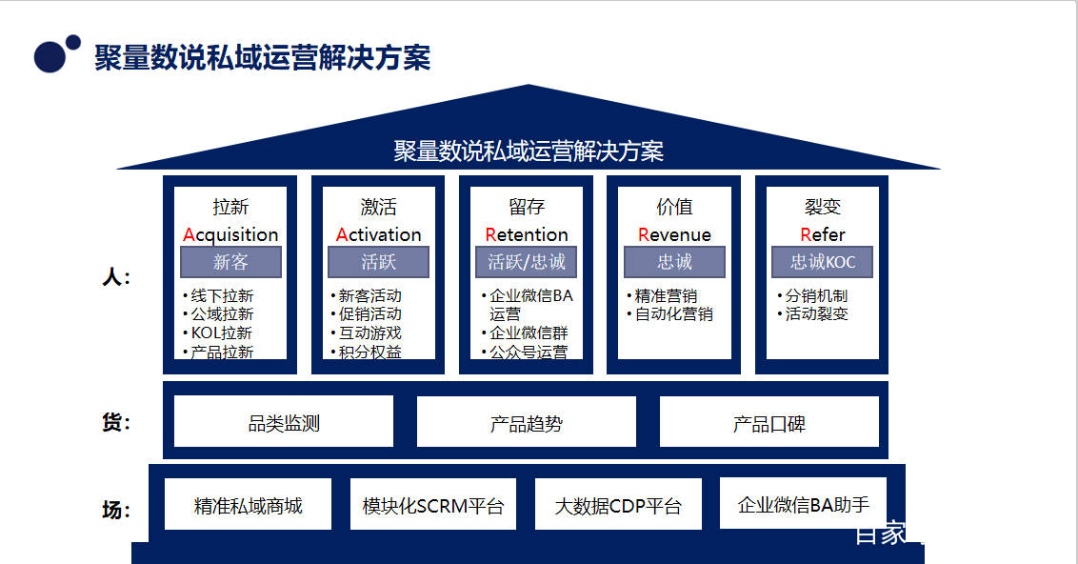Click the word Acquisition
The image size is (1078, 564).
coord(230,234)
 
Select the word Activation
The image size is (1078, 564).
coord(378,234)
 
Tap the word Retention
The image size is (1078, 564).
coord(526,234)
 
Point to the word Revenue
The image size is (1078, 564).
coord(674,234)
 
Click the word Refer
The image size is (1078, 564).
coord(823,234)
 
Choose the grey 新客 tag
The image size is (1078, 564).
coord(230,262)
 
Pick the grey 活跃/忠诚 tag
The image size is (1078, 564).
coord(526,262)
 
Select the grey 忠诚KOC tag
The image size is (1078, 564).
coord(823,262)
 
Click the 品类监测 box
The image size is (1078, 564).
coord(284,422)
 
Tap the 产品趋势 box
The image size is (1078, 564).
coord(526,422)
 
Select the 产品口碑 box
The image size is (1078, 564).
coord(769,422)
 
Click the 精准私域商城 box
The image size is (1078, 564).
coord(248,505)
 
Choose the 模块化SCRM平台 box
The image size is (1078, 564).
coord(433,505)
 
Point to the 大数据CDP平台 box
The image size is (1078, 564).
coord(618,505)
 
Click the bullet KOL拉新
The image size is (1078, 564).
coord(221,332)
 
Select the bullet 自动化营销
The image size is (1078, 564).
coord(673,313)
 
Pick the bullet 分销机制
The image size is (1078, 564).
coord(816,295)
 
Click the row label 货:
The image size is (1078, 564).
coord(115,422)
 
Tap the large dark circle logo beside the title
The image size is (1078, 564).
coord(50,56)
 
